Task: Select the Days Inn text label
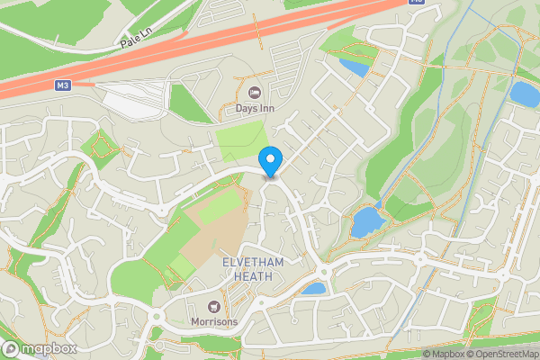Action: coord(256,109)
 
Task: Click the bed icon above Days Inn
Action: coord(255,92)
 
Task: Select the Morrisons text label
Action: coord(214,322)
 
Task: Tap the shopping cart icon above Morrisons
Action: coord(214,306)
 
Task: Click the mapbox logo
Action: coord(39,348)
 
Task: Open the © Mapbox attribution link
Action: coord(444,354)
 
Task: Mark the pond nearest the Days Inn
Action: coord(353,67)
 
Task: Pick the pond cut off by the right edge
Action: coord(524,93)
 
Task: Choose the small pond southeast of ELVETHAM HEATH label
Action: coord(313,289)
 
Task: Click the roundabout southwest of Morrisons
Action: coord(155,317)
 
